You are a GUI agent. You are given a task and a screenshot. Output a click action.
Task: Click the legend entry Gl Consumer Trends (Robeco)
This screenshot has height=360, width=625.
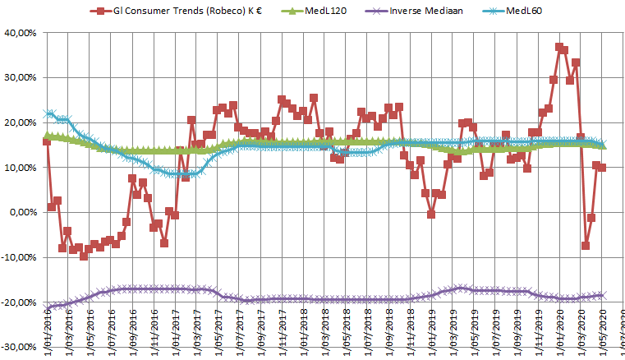[x=180, y=11]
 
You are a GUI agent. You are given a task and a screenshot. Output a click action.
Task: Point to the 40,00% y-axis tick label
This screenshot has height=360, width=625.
[x=21, y=33]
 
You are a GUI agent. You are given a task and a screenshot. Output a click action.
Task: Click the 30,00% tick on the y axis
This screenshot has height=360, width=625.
[x=21, y=78]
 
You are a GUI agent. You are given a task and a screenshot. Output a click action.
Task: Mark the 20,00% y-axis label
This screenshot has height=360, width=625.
[x=21, y=122]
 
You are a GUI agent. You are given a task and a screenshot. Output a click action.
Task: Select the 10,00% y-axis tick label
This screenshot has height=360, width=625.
[x=21, y=168]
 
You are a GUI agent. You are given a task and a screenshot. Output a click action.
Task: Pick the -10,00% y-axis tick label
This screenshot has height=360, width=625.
[x=19, y=257]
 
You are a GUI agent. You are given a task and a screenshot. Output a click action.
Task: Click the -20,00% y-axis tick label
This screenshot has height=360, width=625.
[x=19, y=302]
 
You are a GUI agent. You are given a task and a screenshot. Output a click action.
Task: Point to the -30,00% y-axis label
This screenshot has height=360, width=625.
[x=19, y=347]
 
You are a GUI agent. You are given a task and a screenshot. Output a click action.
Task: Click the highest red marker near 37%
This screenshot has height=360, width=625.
[x=559, y=48]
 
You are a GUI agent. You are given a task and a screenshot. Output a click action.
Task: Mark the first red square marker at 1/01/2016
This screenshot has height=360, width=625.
[x=46, y=141]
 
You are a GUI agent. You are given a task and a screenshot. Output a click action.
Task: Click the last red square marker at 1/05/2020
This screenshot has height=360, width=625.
[x=601, y=168]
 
